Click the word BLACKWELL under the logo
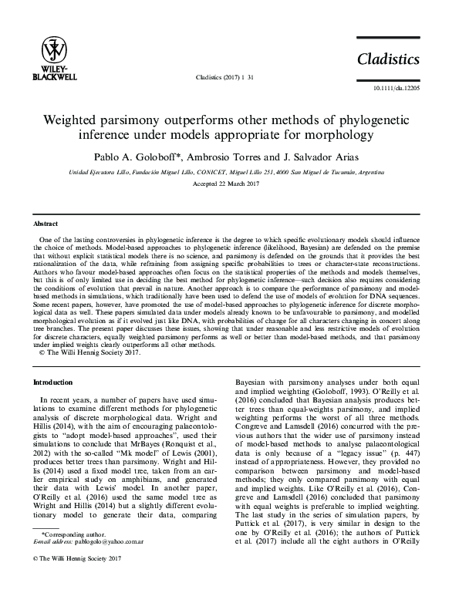[x=53, y=77]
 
